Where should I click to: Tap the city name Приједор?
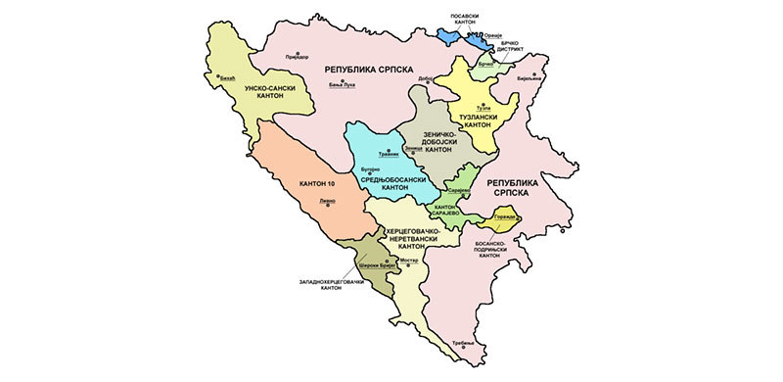[296, 57]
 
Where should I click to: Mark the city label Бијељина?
[530, 78]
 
